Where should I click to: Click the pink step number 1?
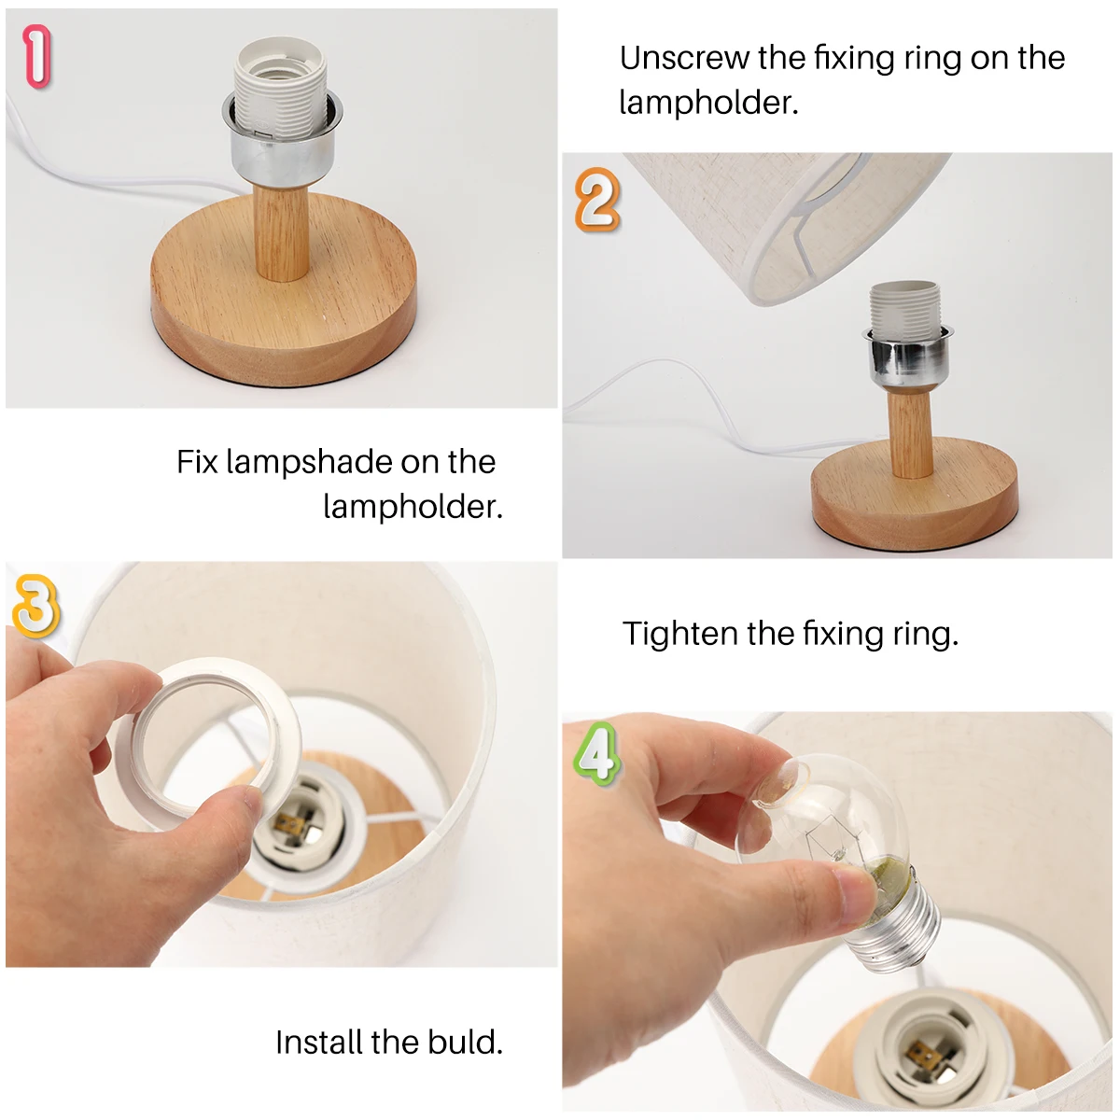click(37, 56)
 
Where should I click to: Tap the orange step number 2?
click(597, 200)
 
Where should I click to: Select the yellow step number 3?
click(36, 606)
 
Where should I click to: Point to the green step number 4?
click(597, 754)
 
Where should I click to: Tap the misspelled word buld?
click(465, 1042)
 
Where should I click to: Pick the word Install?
click(319, 1042)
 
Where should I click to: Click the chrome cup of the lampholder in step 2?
click(906, 356)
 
